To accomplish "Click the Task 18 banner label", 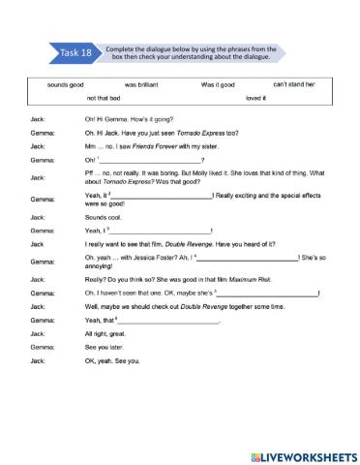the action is [x=75, y=54].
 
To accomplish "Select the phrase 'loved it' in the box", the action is [x=255, y=98].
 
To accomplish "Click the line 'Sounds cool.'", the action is [x=102, y=218].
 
